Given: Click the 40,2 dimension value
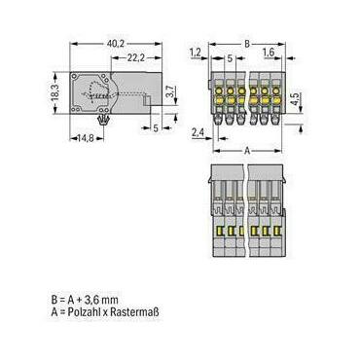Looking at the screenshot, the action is coord(116,44).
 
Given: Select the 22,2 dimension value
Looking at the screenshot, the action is coord(135,58).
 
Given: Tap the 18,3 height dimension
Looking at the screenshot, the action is coord(55,92).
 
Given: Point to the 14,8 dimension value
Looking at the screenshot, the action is coord(86,138).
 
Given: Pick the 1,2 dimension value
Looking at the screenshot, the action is coord(196,53).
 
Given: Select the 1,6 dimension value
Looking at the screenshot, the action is coord(269,53).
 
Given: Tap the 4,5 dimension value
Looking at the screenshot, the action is coord(294,99).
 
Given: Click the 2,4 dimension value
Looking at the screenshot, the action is coord(198,132).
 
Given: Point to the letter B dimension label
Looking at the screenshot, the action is coord(247,44).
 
